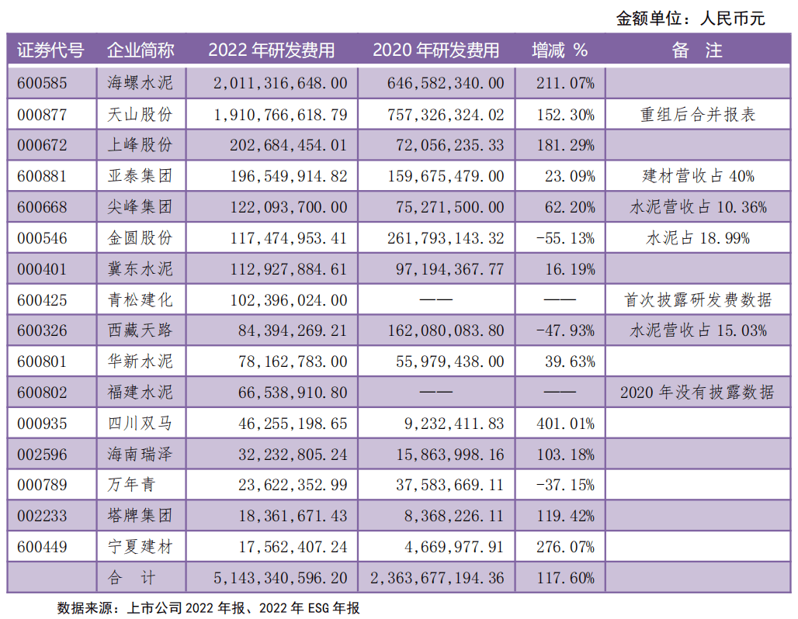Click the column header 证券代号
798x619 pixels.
tap(50, 51)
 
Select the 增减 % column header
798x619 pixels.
tap(559, 51)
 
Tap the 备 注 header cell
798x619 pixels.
tap(697, 51)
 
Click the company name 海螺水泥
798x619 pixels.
tap(140, 83)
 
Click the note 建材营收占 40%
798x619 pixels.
tap(698, 176)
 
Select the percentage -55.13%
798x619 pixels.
tap(564, 238)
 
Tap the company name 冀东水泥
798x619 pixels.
tap(140, 269)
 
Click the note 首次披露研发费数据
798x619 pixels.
tap(698, 300)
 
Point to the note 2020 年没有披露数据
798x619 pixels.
tap(697, 392)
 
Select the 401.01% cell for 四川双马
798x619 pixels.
tap(565, 424)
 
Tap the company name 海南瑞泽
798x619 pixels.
tap(140, 455)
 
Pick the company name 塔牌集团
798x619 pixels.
tap(140, 516)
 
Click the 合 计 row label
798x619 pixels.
tap(140, 578)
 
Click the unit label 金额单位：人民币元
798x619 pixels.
tap(690, 18)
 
